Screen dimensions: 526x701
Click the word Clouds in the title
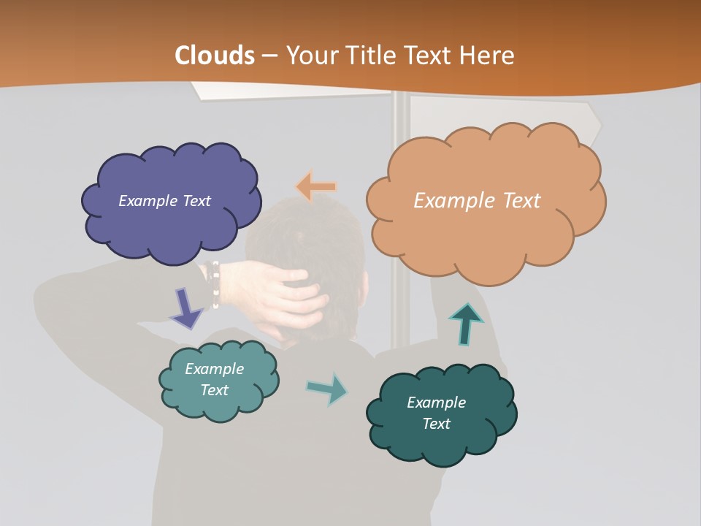pyautogui.click(x=215, y=56)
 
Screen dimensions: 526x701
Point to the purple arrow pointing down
pyautogui.click(x=185, y=308)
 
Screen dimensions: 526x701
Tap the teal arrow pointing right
pyautogui.click(x=327, y=388)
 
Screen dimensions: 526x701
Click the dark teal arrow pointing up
pyautogui.click(x=466, y=324)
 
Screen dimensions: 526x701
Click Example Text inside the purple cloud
pyautogui.click(x=164, y=201)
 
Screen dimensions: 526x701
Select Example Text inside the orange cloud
pyautogui.click(x=477, y=201)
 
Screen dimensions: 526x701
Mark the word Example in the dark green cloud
pyautogui.click(x=436, y=403)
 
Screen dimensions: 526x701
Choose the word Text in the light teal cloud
pyautogui.click(x=215, y=390)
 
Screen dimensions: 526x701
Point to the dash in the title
pyautogui.click(x=269, y=56)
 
